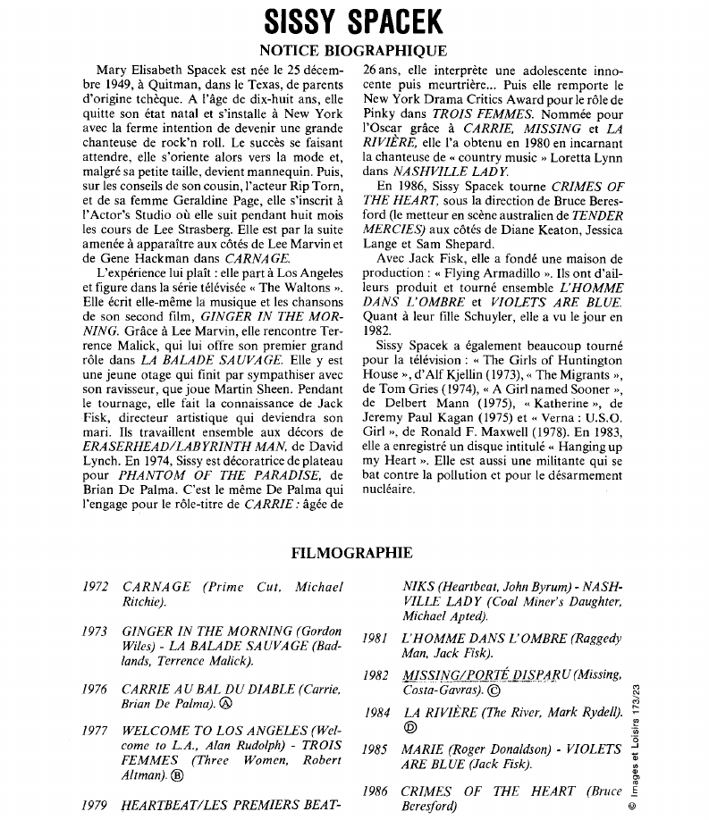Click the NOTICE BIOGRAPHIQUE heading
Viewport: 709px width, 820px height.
(x=352, y=51)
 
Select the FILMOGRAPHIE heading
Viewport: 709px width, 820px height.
(x=352, y=553)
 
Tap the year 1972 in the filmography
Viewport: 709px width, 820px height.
(x=95, y=587)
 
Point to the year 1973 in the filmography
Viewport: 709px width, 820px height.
(x=95, y=631)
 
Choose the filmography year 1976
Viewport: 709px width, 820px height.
(x=95, y=689)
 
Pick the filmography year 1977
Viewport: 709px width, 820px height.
(x=95, y=730)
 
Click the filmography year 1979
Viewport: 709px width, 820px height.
(x=95, y=805)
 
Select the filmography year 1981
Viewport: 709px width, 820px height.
(x=376, y=639)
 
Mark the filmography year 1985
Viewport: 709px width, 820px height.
(x=376, y=749)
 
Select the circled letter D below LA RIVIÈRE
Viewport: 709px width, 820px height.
(x=410, y=728)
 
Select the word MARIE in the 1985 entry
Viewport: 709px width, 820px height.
(x=422, y=749)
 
